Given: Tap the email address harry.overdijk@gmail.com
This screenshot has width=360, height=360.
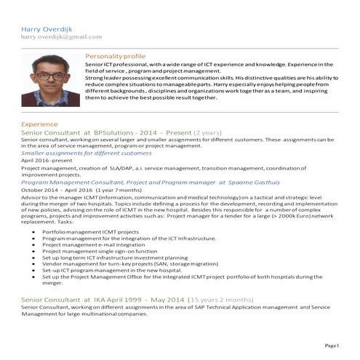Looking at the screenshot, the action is [62, 36].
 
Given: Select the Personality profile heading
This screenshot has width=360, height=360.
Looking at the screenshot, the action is [115, 56].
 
